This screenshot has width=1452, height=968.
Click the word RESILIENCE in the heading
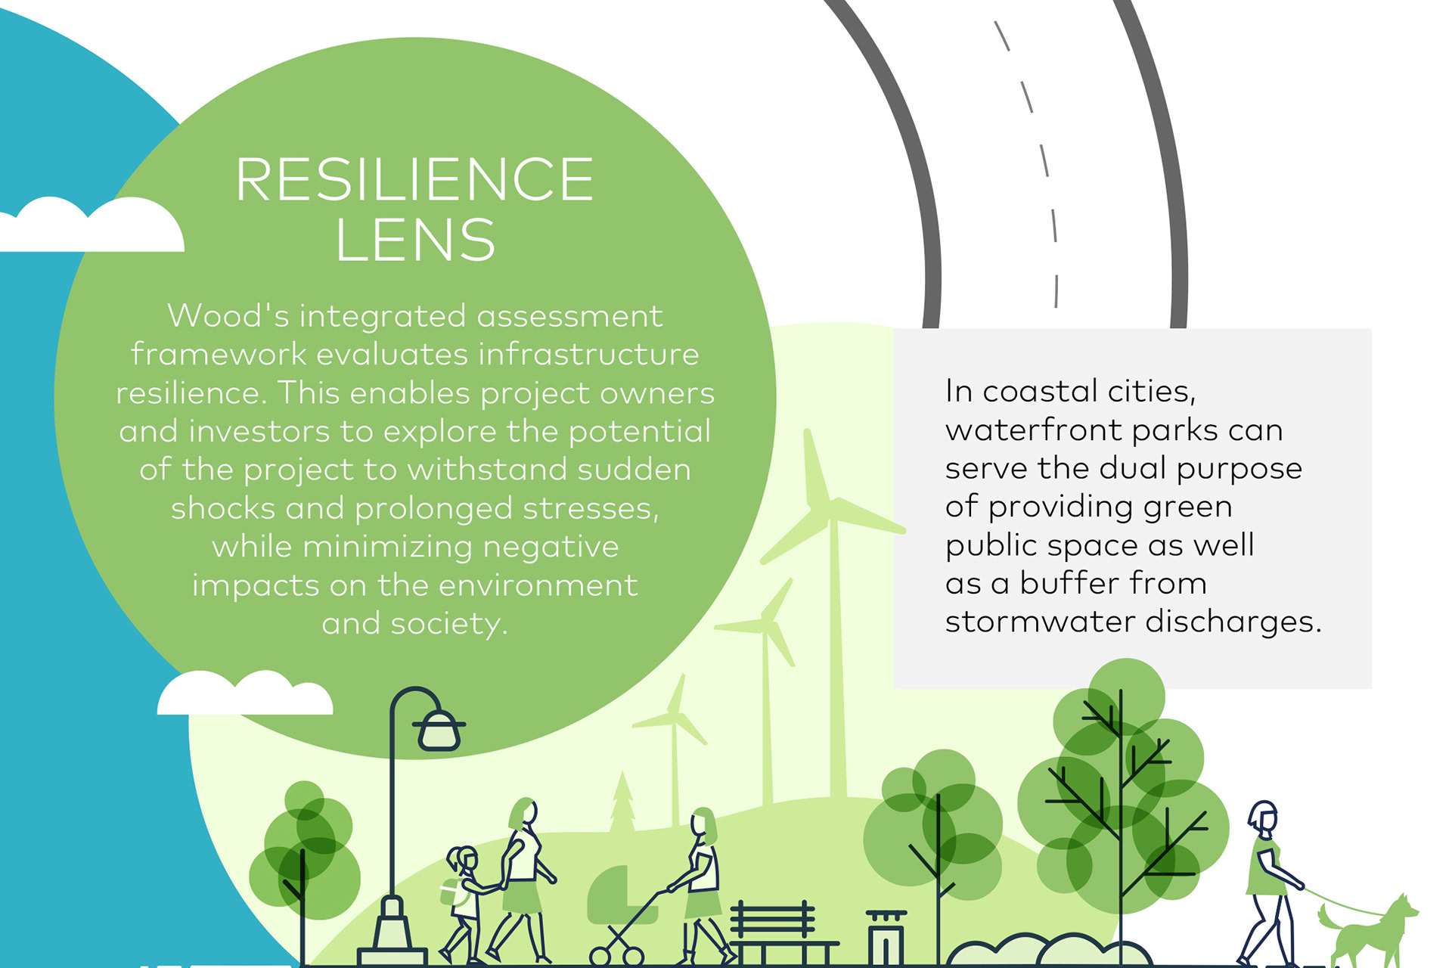pyautogui.click(x=414, y=180)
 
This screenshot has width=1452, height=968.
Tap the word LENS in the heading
pyautogui.click(x=414, y=240)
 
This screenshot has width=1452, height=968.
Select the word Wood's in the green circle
pyautogui.click(x=228, y=316)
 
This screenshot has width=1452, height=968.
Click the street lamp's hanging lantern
pyautogui.click(x=439, y=730)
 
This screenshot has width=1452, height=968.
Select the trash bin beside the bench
pyautogui.click(x=886, y=938)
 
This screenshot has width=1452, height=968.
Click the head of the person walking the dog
pyautogui.click(x=1264, y=818)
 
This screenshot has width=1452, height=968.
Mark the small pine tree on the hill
pyautogui.click(x=622, y=802)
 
